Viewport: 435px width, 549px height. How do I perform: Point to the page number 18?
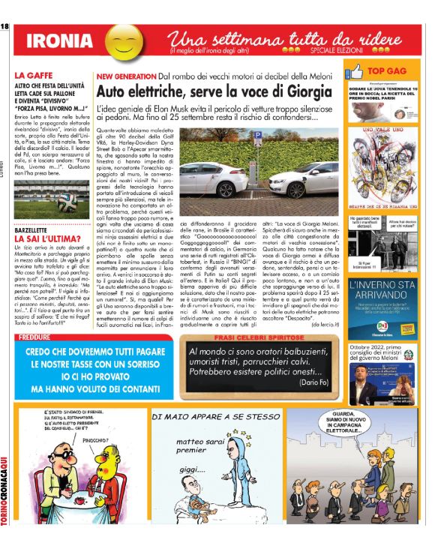point(4,27)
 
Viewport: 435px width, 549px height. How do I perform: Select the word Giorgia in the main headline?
point(300,92)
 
